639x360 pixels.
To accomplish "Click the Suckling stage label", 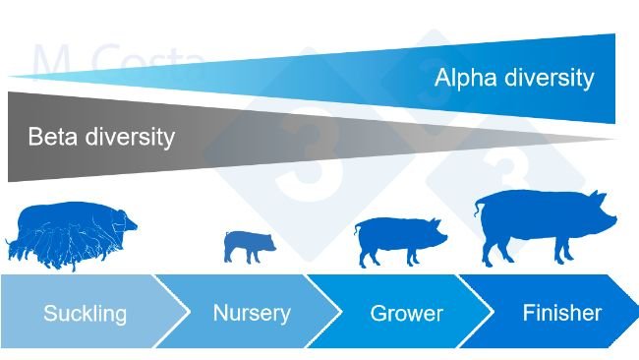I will click(85, 314).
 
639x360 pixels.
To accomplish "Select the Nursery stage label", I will click(252, 313).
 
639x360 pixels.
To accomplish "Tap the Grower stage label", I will click(406, 315).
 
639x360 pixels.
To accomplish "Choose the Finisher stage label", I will click(561, 313).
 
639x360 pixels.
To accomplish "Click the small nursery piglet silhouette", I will click(249, 245).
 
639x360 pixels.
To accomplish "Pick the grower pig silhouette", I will click(398, 240).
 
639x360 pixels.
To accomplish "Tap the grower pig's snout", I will click(444, 237).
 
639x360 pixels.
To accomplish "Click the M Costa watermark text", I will click(118, 61).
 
